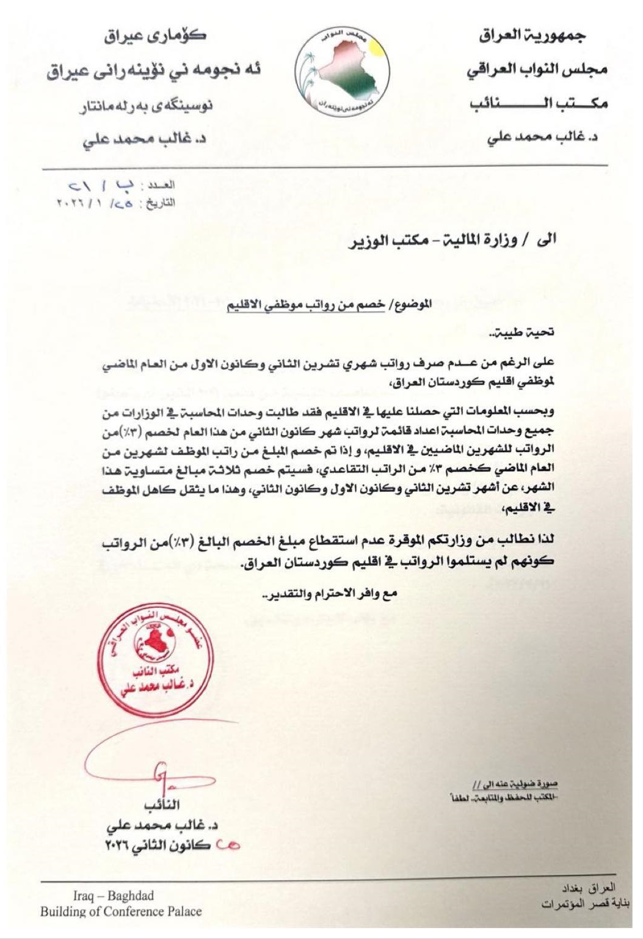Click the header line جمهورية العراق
pos(531,36)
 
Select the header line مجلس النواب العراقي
pos(537,70)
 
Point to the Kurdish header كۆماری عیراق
pos(155,36)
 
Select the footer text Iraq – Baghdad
pos(114,896)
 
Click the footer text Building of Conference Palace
pos(121,912)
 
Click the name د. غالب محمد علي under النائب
pos(162,825)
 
